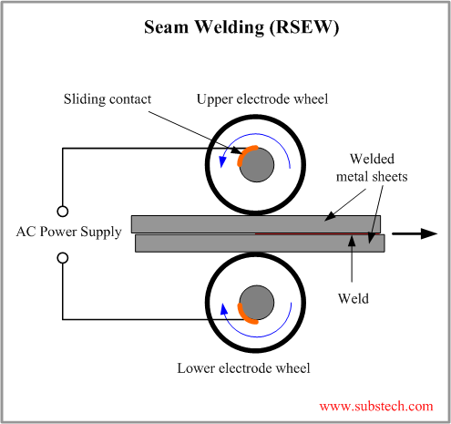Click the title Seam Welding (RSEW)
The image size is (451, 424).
242,27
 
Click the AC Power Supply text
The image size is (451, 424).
68,232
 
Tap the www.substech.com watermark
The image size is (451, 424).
376,406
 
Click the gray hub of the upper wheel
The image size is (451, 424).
259,164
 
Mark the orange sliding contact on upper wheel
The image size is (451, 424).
243,155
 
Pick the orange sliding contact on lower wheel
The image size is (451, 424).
245,313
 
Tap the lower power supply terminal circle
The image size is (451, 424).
62,258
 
